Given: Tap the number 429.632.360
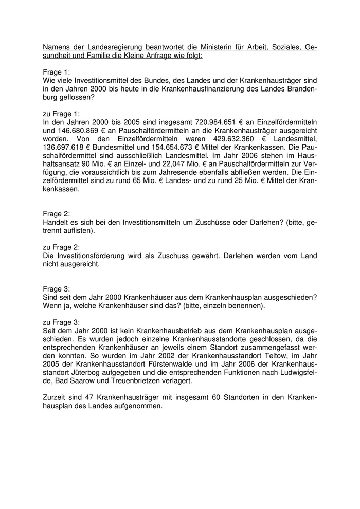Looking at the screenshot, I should pyautogui.click(x=225, y=139).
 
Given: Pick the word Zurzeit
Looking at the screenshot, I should pyautogui.click(x=56, y=397).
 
